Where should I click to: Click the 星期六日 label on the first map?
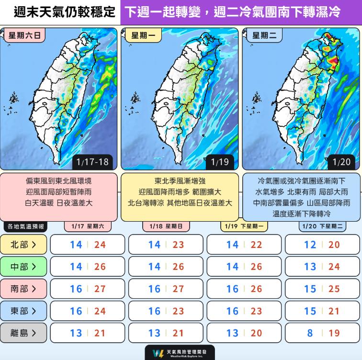tap(24, 35)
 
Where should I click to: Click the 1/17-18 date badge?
tap(92, 162)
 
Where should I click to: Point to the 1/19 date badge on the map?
tap(220, 162)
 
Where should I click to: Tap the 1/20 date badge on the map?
tap(341, 162)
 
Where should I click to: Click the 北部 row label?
tap(23, 245)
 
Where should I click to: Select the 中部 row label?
tap(23, 267)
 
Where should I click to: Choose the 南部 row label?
tap(23, 289)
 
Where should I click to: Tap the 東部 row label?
tap(23, 311)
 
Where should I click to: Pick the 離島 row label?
tap(23, 333)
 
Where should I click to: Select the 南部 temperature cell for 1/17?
tap(88, 289)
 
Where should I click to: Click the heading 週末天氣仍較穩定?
tap(59, 12)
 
